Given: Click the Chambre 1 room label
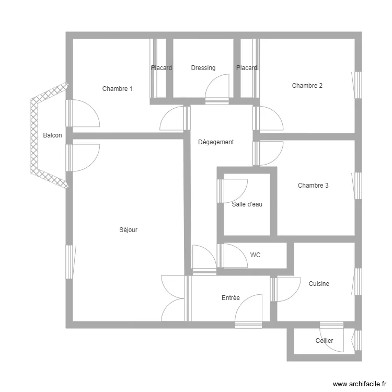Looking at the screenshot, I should pyautogui.click(x=117, y=89).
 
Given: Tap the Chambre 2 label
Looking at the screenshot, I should pyautogui.click(x=307, y=86).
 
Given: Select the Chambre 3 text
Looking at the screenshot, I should pyautogui.click(x=313, y=186).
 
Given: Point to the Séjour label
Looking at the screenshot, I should pyautogui.click(x=129, y=230).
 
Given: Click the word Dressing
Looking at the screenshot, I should pyautogui.click(x=203, y=68).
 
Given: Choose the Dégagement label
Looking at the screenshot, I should pyautogui.click(x=216, y=142).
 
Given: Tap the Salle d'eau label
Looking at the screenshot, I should pyautogui.click(x=247, y=204).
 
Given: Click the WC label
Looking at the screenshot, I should pyautogui.click(x=255, y=255).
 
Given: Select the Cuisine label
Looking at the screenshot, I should pyautogui.click(x=319, y=284).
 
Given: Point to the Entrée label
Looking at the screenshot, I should pyautogui.click(x=230, y=298).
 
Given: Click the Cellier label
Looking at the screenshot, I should pyautogui.click(x=324, y=341).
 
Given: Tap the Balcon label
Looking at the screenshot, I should pyautogui.click(x=52, y=135).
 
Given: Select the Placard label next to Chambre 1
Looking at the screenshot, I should pyautogui.click(x=162, y=68).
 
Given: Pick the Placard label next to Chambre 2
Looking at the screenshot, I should pyautogui.click(x=247, y=68).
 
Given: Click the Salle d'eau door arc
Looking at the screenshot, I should pyautogui.click(x=235, y=190).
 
